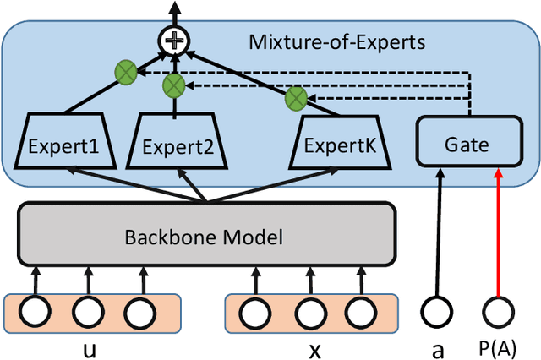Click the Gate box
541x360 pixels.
(x=467, y=145)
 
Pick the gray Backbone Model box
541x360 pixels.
(x=206, y=235)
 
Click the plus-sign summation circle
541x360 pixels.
(x=175, y=39)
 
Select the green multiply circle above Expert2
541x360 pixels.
(x=174, y=85)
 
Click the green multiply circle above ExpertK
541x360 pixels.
(x=295, y=98)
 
